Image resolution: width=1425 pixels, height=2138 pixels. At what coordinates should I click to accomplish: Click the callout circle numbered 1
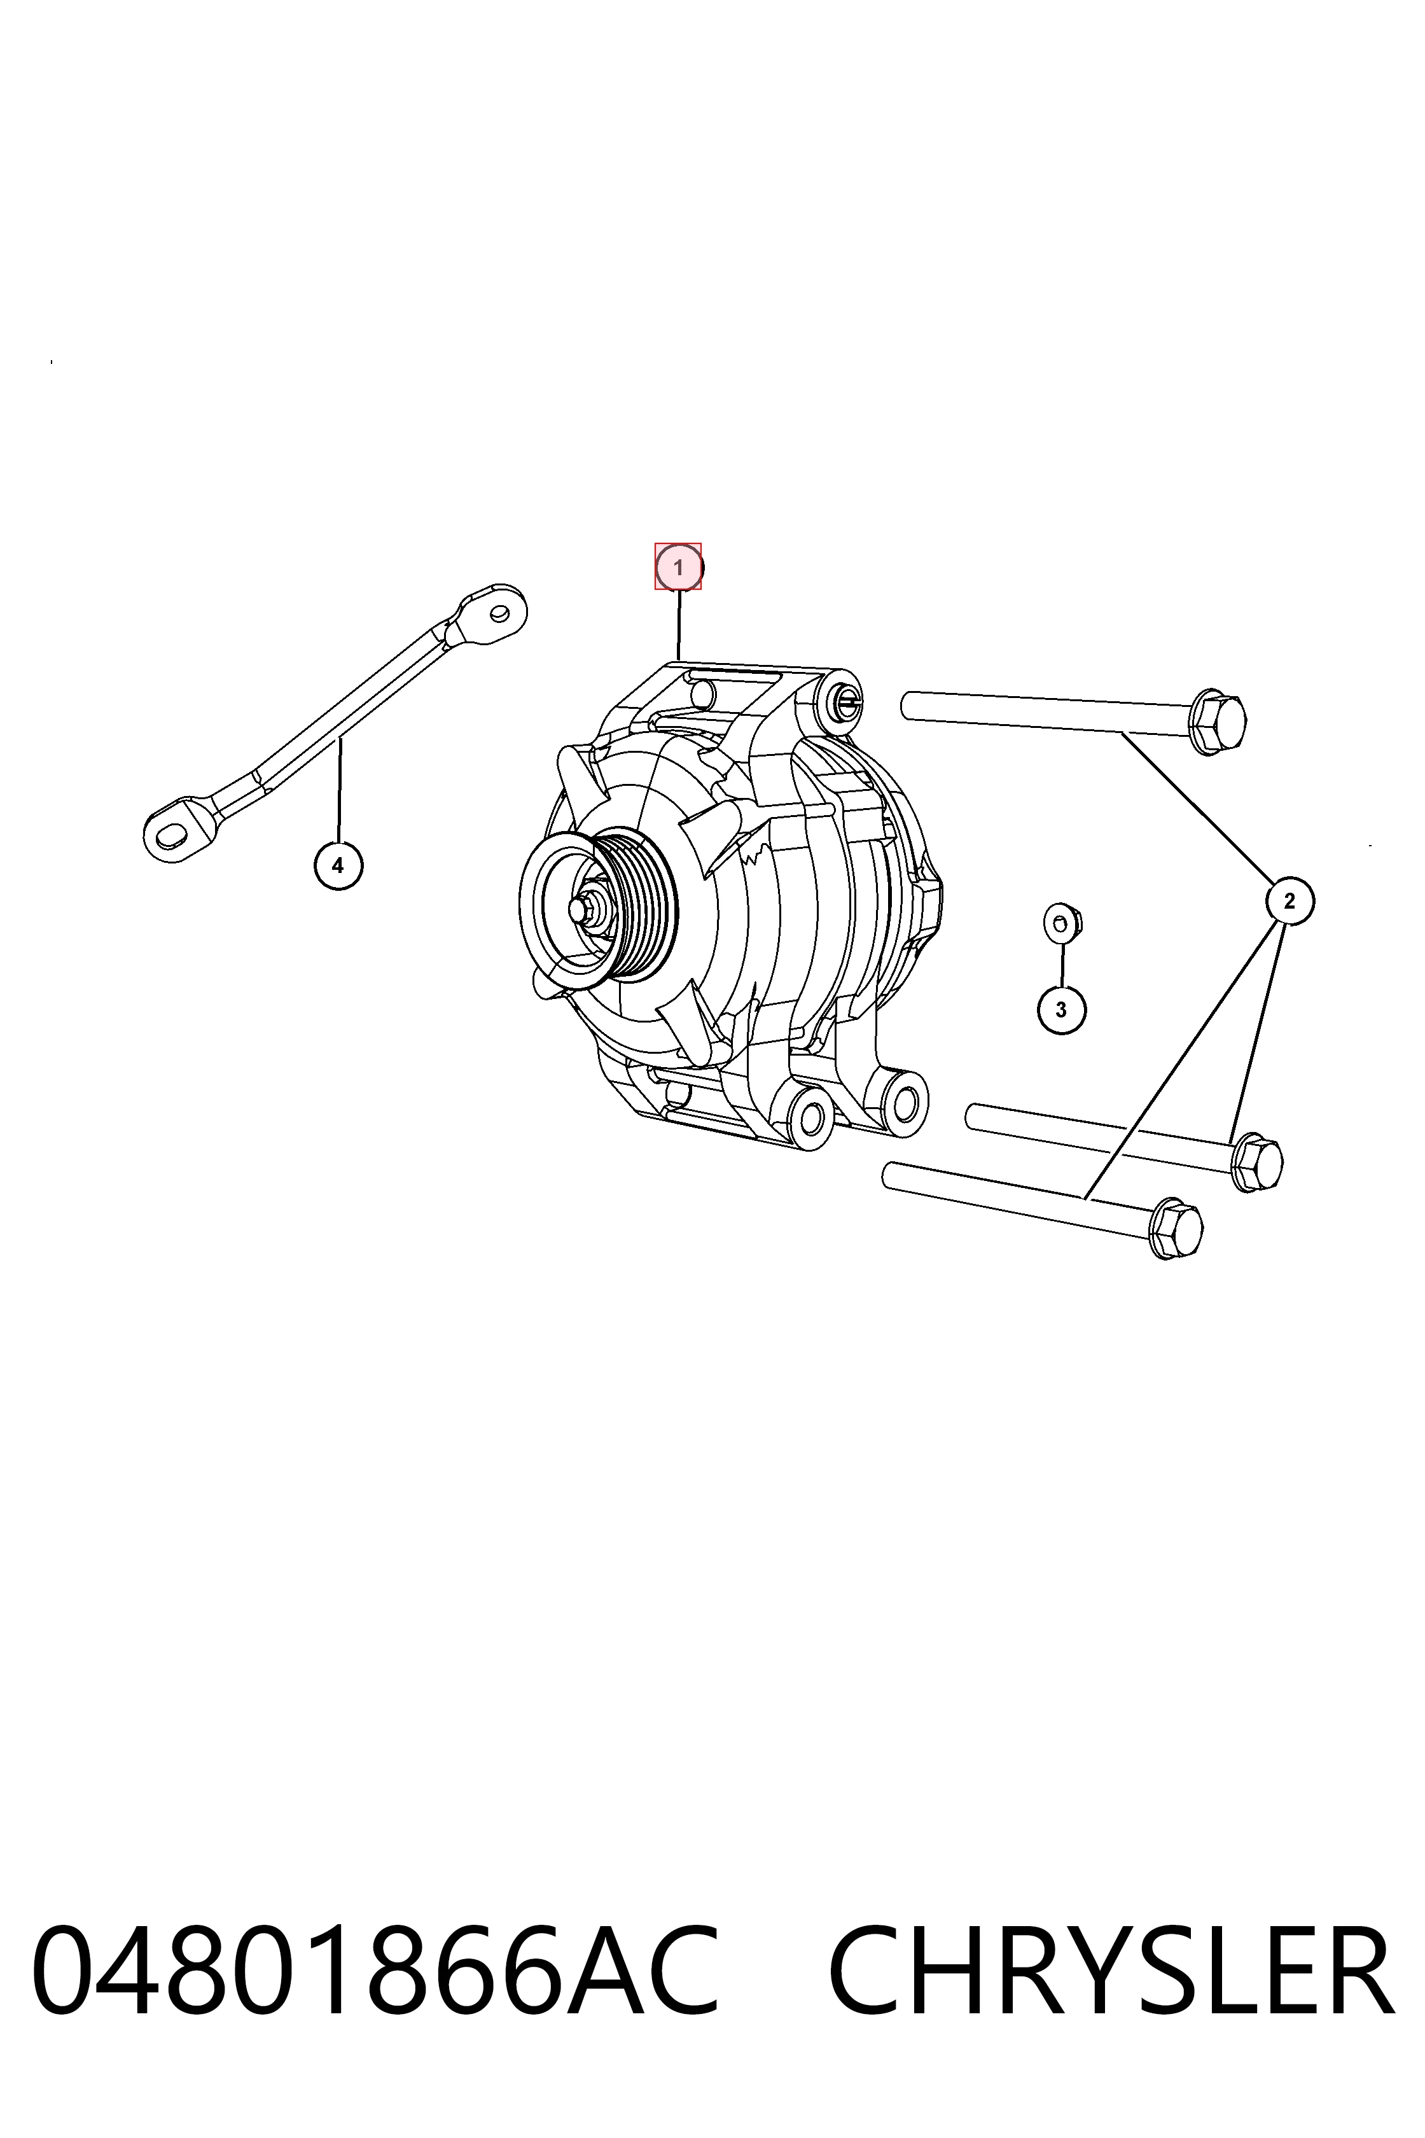point(679,567)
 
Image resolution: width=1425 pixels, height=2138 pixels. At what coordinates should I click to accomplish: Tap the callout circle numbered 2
point(1289,901)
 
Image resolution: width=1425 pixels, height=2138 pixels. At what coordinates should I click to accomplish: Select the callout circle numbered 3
point(1062,1009)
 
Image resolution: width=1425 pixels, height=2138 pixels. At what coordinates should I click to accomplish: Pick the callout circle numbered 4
point(338,865)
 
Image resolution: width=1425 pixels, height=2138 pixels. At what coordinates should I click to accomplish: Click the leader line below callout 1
point(679,624)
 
